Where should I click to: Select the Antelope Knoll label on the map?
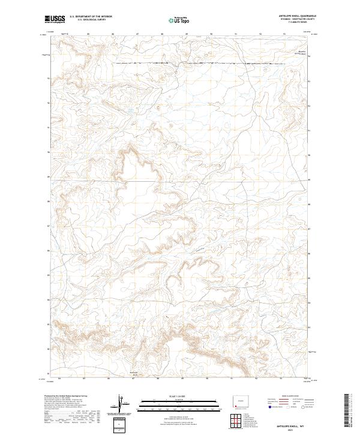[x=134, y=375]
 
